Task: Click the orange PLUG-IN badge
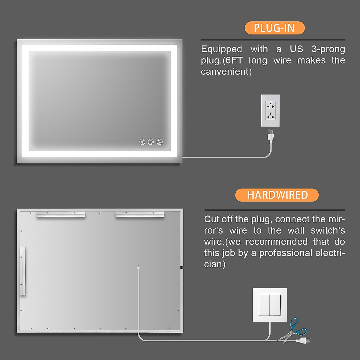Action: tap(274, 28)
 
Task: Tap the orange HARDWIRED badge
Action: tap(277, 195)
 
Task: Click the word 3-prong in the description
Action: tap(328, 49)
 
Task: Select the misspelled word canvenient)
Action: tap(226, 72)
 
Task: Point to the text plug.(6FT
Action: tap(222, 61)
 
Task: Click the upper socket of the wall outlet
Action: tap(271, 106)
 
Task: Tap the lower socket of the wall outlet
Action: tap(271, 116)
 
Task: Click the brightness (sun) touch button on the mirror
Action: tap(142, 142)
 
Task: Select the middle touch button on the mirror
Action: tap(151, 142)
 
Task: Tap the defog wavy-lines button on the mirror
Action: tap(160, 142)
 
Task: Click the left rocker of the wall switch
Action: tap(264, 304)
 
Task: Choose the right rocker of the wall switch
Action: tap(275, 304)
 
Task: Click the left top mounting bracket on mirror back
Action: tap(61, 214)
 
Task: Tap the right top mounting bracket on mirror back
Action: tap(140, 214)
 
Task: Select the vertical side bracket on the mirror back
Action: tap(23, 271)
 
